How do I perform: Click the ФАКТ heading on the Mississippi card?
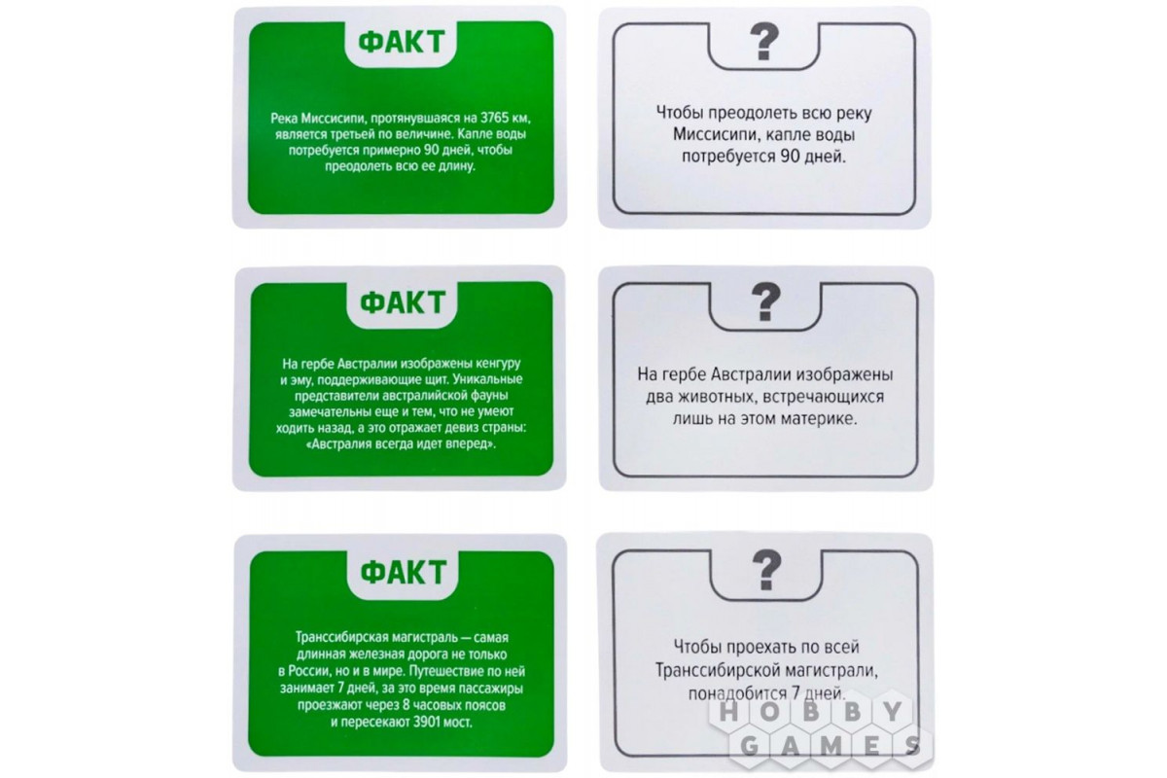click(x=401, y=42)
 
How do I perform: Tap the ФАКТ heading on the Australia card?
click(x=403, y=302)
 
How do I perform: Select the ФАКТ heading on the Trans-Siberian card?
click(x=404, y=572)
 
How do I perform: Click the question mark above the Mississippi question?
click(x=763, y=41)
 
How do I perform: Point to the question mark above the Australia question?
click(x=766, y=301)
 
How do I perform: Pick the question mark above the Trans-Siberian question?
click(x=767, y=570)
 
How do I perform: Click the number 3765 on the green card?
click(x=494, y=119)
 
